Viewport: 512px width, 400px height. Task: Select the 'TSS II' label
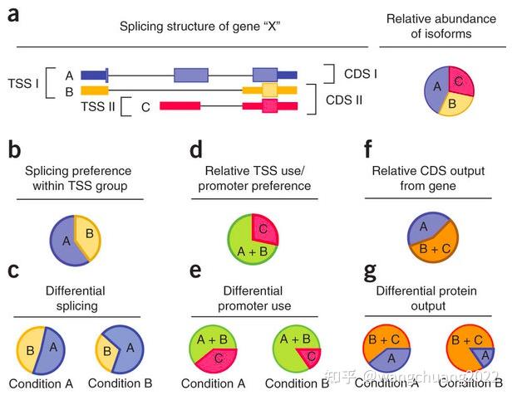pos(97,106)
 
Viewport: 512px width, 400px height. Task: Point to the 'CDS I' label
pos(361,75)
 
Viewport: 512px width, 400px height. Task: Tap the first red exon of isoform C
pos(180,106)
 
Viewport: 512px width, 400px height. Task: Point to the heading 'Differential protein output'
pos(432,298)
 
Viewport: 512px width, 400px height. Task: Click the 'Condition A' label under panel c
pos(42,384)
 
